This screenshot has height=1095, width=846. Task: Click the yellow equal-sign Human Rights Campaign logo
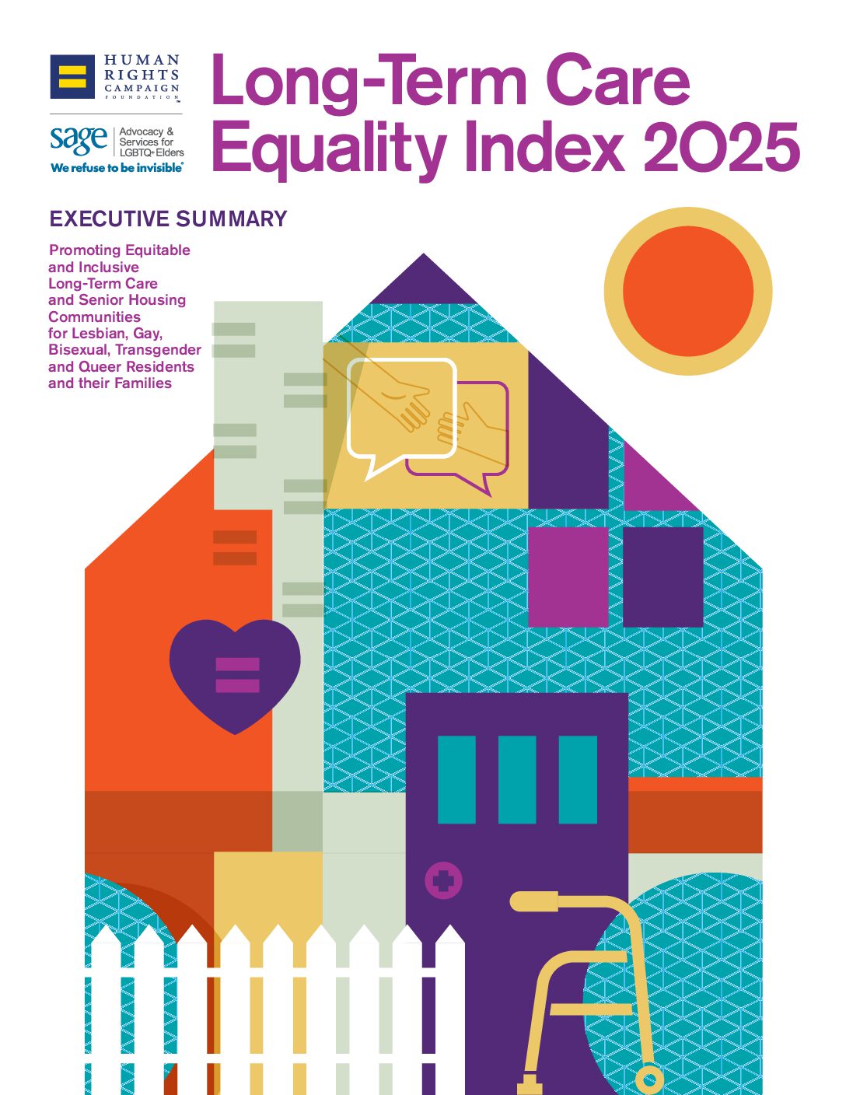pyautogui.click(x=72, y=76)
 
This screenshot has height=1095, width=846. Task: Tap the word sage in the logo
pyautogui.click(x=79, y=140)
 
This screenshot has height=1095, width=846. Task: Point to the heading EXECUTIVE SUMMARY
pyautogui.click(x=168, y=219)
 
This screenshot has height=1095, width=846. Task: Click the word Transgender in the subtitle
pyautogui.click(x=158, y=350)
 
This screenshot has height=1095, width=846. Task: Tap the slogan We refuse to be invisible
pyautogui.click(x=117, y=168)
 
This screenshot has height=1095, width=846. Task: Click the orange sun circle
pyautogui.click(x=688, y=291)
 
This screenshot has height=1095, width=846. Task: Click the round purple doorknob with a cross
pyautogui.click(x=443, y=881)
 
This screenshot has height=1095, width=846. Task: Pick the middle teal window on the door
pyautogui.click(x=517, y=779)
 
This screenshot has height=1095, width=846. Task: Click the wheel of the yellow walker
pyautogui.click(x=649, y=1080)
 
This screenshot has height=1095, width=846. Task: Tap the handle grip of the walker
pyautogui.click(x=533, y=901)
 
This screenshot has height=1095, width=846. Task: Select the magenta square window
pyautogui.click(x=568, y=576)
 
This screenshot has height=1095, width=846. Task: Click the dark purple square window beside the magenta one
pyautogui.click(x=662, y=576)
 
